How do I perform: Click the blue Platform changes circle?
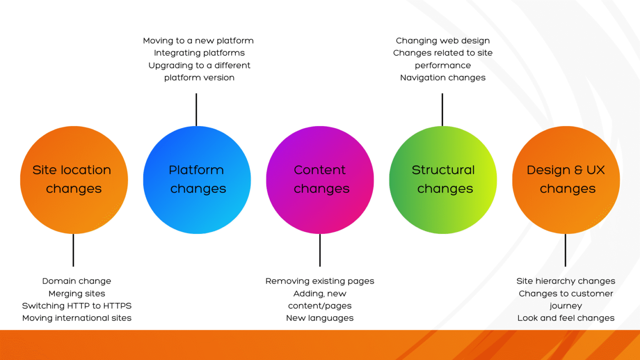coord(197,180)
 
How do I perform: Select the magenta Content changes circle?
coord(320,180)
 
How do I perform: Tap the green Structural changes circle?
coord(443,180)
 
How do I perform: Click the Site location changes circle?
coord(74,180)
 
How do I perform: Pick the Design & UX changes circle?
coord(566,180)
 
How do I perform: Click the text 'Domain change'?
coord(76,281)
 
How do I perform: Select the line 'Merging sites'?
coord(76,294)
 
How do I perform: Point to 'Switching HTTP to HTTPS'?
coord(76,306)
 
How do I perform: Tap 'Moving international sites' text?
coord(76,318)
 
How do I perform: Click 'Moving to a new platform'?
coord(198,41)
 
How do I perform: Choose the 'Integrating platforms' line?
coord(199,53)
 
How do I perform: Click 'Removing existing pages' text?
coord(320,281)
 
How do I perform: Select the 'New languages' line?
coord(320,318)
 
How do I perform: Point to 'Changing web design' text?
coord(443,41)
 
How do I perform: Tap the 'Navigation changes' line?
coord(443,78)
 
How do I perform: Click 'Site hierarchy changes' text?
coord(565,281)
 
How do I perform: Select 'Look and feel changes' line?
coord(565,318)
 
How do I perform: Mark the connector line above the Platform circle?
coord(196,110)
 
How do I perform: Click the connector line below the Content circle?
coord(320,250)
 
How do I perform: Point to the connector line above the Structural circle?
coord(442,110)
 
